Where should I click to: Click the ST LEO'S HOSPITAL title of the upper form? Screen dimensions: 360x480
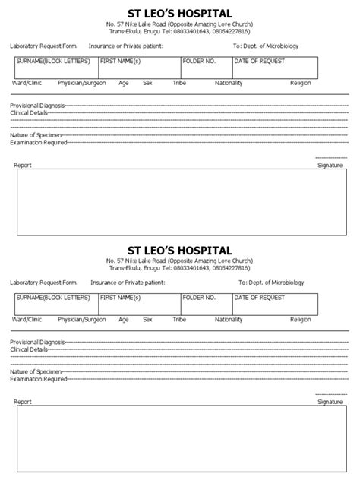coord(180,13)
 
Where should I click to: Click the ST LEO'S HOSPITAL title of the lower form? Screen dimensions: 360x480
coord(180,250)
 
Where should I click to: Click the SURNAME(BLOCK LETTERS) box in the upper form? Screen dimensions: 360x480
coord(55,68)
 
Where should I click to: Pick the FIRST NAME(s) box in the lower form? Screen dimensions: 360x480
coord(138,305)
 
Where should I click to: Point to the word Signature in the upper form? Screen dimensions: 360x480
coord(330,165)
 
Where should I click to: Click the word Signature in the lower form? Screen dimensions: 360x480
coord(330,402)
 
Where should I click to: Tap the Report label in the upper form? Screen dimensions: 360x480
coord(23,165)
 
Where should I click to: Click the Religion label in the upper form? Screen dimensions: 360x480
coord(301,82)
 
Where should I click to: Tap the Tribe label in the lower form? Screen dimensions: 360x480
coord(179,319)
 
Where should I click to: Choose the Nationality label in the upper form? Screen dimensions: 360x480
coord(229,82)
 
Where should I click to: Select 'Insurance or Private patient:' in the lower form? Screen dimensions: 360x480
coord(127,283)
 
